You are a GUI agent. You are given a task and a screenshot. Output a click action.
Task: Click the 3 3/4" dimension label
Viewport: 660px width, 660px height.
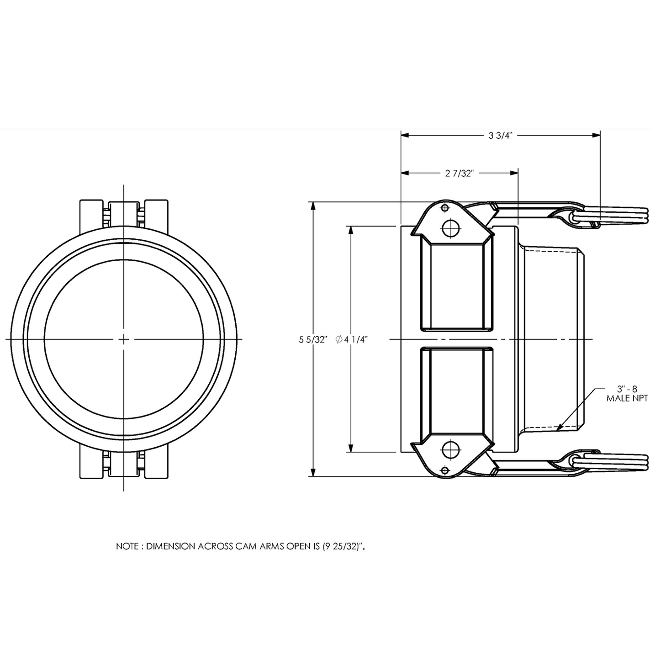pos(501,135)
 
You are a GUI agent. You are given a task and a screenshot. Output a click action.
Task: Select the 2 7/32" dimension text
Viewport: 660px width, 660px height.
pos(460,173)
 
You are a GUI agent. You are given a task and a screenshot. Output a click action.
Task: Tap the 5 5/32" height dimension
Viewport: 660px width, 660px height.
pos(313,339)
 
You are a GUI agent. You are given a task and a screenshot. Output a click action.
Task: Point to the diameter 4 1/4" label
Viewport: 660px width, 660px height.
pos(352,339)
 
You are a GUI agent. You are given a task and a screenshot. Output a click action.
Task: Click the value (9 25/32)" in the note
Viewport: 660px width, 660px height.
pos(344,546)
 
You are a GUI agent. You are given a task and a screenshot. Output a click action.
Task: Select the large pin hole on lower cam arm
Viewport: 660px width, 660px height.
pos(452,450)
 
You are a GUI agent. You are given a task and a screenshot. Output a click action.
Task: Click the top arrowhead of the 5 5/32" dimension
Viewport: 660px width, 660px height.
pos(313,206)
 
